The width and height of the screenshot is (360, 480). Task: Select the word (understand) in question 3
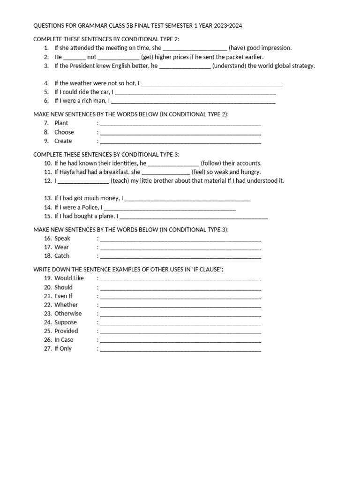229,66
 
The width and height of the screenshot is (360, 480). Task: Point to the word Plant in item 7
61,123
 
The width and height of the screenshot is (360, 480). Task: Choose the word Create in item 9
63,141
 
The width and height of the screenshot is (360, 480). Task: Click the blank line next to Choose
180,133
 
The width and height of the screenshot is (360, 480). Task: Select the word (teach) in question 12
120,181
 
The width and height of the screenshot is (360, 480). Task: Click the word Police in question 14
89,207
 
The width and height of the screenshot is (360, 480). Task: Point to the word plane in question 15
105,216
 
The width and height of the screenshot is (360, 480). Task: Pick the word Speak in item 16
62,239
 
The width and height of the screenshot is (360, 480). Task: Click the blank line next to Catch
180,256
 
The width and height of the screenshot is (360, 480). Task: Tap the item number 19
48,278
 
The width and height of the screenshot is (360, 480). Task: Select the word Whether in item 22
66,305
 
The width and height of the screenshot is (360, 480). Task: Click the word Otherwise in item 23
68,314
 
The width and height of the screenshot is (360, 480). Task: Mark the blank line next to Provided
180,331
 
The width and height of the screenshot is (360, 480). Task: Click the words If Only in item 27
63,349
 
